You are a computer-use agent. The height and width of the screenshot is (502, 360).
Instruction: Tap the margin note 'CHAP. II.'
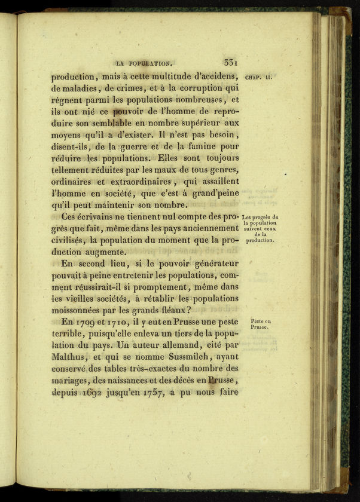pyautogui.click(x=259, y=76)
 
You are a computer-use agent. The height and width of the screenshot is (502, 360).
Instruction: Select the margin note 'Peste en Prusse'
pyautogui.click(x=261, y=324)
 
